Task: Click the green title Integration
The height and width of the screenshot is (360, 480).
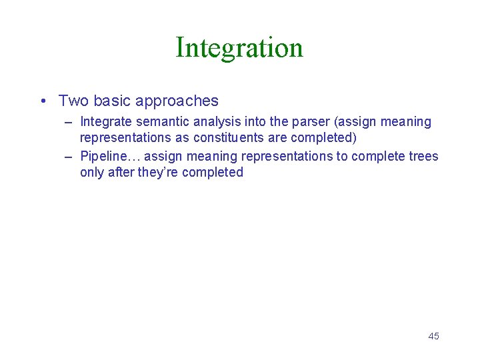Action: tap(239, 48)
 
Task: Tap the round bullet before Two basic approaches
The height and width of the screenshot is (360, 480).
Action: tap(42, 101)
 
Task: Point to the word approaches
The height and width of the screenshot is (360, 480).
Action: tap(177, 101)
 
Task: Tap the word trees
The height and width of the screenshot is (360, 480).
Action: tap(424, 157)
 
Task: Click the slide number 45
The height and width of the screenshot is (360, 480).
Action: tap(433, 336)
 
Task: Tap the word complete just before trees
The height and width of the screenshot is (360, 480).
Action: tap(380, 157)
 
